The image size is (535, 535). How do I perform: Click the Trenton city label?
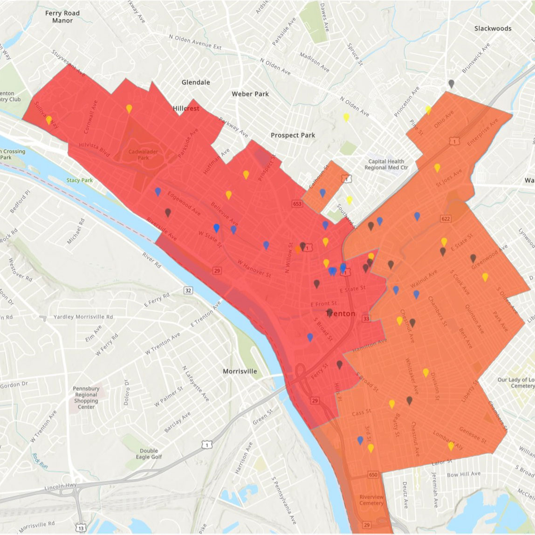click(x=341, y=314)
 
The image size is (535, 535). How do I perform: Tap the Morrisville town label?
click(x=240, y=371)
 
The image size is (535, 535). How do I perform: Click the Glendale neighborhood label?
click(x=196, y=82)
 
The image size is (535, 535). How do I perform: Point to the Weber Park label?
click(x=250, y=94)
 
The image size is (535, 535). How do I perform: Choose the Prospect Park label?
click(x=293, y=135)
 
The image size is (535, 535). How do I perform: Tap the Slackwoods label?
click(x=493, y=28)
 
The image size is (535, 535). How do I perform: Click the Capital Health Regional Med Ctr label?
click(x=386, y=165)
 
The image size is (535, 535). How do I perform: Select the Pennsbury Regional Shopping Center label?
click(x=86, y=398)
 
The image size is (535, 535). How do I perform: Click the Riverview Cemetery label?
click(x=371, y=500)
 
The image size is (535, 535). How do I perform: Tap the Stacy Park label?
click(x=79, y=180)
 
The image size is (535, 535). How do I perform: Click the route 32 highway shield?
click(x=188, y=291)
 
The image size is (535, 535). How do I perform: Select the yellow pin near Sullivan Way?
click(x=49, y=120)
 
